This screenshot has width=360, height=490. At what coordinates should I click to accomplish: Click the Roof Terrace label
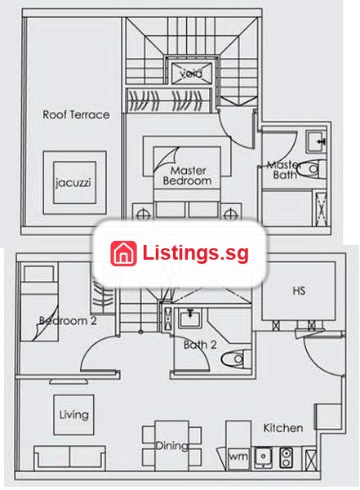[x=76, y=114]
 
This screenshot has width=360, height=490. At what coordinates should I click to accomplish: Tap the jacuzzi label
[x=73, y=182]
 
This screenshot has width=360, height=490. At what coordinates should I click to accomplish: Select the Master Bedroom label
[x=187, y=176]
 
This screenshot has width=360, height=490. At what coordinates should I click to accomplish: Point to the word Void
[x=191, y=73]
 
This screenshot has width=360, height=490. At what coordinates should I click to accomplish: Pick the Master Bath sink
[x=316, y=141]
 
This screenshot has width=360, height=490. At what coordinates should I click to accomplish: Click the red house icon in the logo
[x=123, y=253]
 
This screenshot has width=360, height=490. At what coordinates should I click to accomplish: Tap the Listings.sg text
[x=196, y=253]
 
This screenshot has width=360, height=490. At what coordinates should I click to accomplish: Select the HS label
[x=299, y=291]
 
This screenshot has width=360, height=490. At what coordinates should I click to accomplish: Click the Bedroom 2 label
[x=68, y=321]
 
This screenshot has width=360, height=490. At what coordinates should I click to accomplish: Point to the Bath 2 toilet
[x=236, y=359]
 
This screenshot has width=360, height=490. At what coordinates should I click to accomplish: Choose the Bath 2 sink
[x=190, y=318]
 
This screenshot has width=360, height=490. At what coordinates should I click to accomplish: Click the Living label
[x=74, y=415]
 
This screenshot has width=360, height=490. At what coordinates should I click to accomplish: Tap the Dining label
[x=172, y=445]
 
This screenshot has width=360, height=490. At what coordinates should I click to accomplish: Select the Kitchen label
[x=283, y=428]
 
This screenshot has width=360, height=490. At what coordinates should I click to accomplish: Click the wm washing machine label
[x=238, y=457]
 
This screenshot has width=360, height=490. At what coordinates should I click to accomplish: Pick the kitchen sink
[x=263, y=457]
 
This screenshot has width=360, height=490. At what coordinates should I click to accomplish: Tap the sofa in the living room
[x=69, y=457]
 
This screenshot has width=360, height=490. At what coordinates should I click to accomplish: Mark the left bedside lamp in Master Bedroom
[x=143, y=215]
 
